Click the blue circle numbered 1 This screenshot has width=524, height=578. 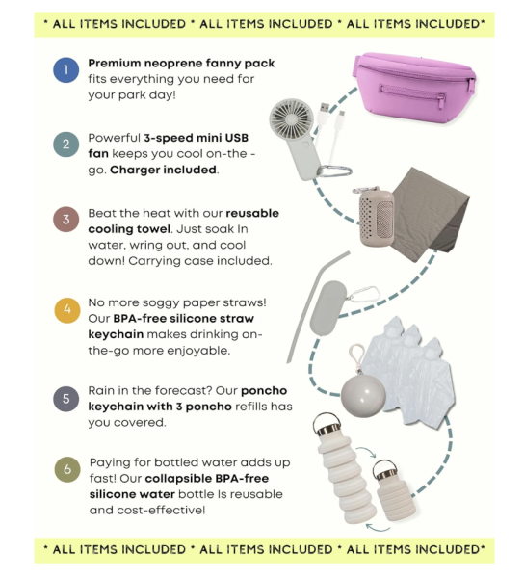[65, 70]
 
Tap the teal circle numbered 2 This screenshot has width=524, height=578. [65, 144]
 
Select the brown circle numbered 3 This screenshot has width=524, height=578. [65, 220]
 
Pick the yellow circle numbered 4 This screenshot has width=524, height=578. [67, 310]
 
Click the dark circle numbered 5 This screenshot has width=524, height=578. [65, 399]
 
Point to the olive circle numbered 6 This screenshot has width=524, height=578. [67, 469]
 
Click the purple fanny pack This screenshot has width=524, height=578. [414, 88]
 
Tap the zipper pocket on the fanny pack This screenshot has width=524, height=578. [412, 96]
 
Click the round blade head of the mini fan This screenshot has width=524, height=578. [291, 118]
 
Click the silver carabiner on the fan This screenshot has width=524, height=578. [334, 171]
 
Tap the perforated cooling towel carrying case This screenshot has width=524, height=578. [377, 217]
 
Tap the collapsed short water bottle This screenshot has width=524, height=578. [393, 490]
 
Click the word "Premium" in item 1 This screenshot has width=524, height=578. [115, 64]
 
